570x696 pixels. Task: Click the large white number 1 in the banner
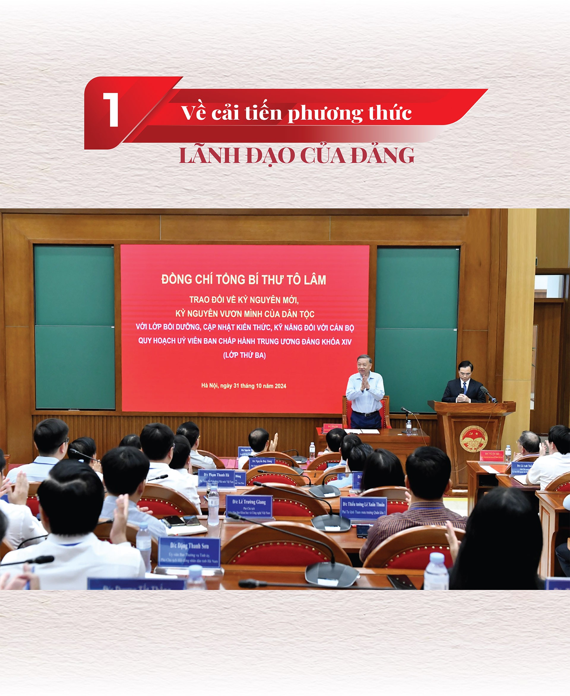(x=111, y=109)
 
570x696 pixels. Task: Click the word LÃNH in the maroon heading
(x=210, y=155)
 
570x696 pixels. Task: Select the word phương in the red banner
(x=325, y=113)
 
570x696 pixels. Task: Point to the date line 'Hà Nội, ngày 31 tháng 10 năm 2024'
(x=244, y=386)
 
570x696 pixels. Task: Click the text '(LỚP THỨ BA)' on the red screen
(x=245, y=355)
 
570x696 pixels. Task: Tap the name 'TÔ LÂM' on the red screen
(x=306, y=280)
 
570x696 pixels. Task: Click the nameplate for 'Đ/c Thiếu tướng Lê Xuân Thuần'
(x=363, y=508)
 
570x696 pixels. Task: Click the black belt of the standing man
(x=365, y=414)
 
